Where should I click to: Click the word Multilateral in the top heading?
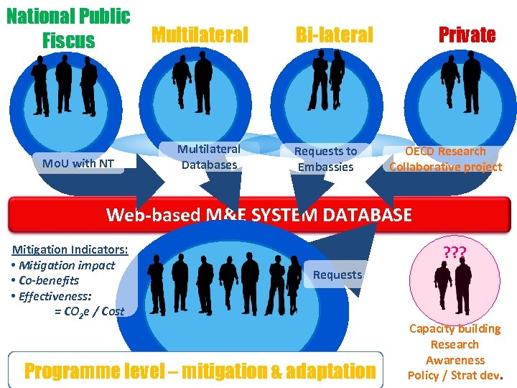tap(200, 34)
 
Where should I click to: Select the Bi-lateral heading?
tap(335, 34)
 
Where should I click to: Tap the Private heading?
tap(467, 34)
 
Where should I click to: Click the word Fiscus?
tap(68, 40)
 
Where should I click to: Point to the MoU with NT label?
tap(78, 163)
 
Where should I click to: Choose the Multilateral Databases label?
tap(209, 157)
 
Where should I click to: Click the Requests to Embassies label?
tap(325, 159)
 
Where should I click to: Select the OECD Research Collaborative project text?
tap(445, 159)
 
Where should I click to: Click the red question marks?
tap(455, 253)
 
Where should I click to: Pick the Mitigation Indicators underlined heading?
tap(70, 249)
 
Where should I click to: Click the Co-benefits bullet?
tap(48, 280)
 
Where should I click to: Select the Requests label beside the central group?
tap(337, 274)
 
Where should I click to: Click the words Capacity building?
tap(455, 329)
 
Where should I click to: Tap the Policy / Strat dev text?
tap(455, 375)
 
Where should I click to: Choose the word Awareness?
tap(455, 360)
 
